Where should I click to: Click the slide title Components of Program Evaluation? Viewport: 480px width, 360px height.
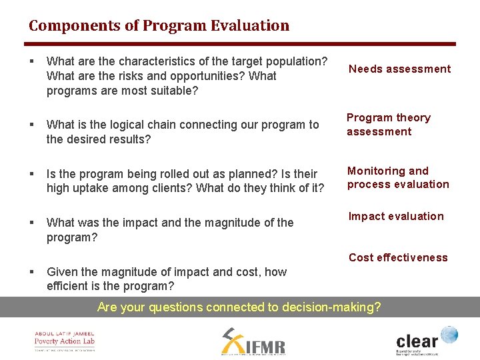pyautogui.click(x=159, y=26)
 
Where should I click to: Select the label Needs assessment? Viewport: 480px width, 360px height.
pyautogui.click(x=399, y=69)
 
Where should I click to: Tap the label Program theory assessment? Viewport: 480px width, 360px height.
pyautogui.click(x=388, y=125)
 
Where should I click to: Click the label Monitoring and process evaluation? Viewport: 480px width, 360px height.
pyautogui.click(x=398, y=177)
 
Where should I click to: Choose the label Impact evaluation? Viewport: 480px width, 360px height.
pyautogui.click(x=396, y=216)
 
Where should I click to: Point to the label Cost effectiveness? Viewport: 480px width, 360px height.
pyautogui.click(x=398, y=257)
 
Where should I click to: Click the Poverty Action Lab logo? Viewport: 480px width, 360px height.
pyautogui.click(x=65, y=341)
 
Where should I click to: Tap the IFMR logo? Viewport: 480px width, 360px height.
pyautogui.click(x=253, y=341)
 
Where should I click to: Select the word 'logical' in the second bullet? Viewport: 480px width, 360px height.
pyautogui.click(x=137, y=125)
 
